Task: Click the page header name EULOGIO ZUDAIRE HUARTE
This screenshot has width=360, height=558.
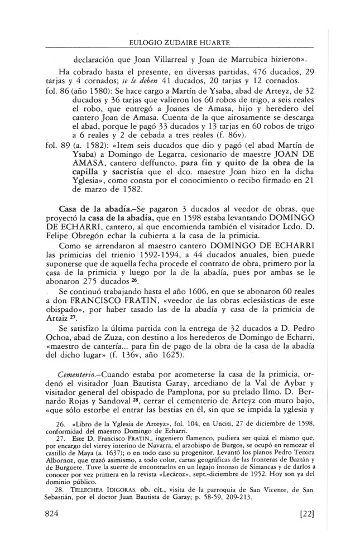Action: point(180,42)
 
